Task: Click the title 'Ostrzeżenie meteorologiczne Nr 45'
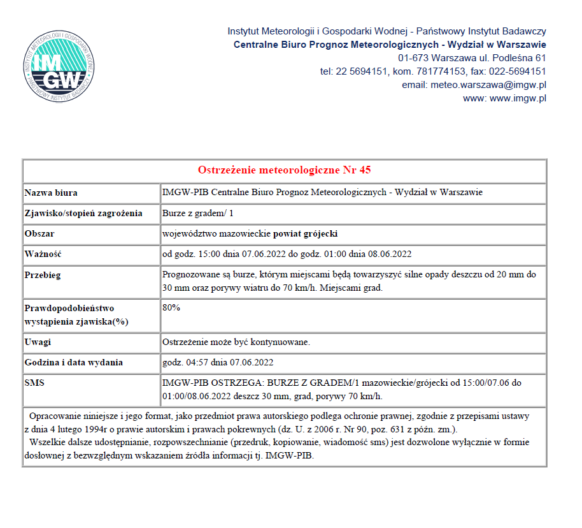[284, 170]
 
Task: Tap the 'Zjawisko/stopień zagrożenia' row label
[83, 213]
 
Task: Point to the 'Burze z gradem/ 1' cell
[201, 213]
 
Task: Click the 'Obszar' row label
[39, 233]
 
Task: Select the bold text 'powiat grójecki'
[309, 233]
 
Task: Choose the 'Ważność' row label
[42, 254]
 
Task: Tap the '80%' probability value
[171, 307]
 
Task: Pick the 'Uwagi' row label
[38, 342]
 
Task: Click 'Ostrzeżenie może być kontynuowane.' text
[236, 342]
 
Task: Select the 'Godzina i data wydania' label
[73, 362]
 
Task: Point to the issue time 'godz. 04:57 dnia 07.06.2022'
[218, 362]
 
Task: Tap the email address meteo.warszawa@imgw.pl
[488, 85]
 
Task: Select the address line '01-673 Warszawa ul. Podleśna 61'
[472, 58]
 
